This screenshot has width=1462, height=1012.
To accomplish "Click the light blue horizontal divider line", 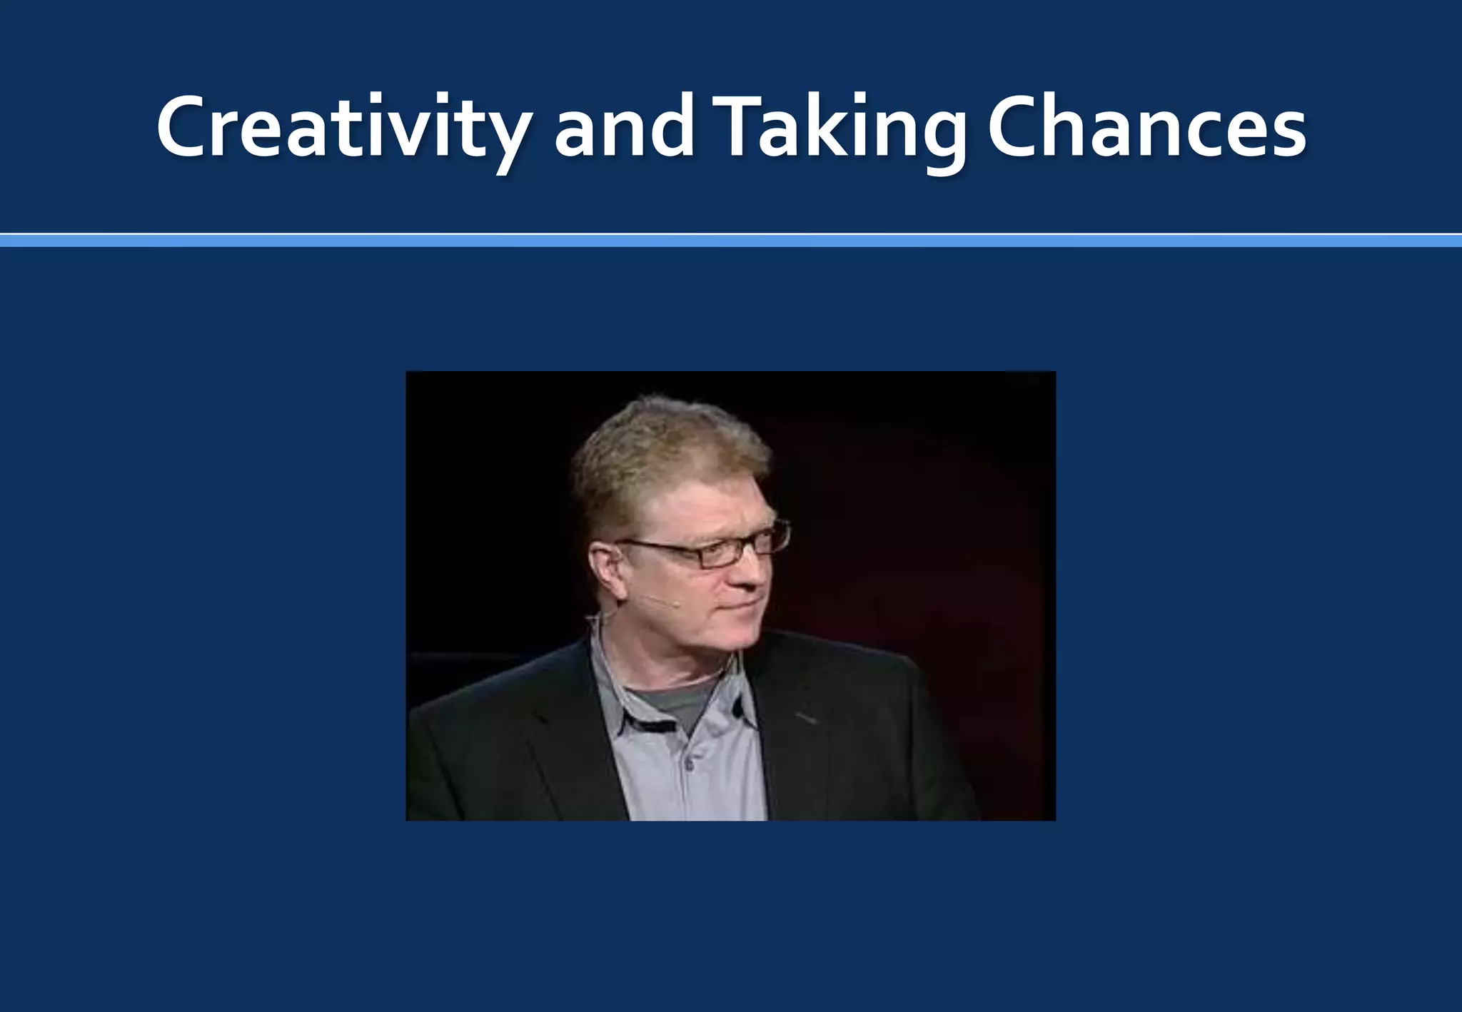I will tap(731, 241).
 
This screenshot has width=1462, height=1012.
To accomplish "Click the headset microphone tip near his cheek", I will tap(675, 604).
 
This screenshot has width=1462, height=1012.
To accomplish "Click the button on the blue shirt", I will tap(688, 764).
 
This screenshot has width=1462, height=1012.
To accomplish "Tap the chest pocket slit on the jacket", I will tap(805, 717).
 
